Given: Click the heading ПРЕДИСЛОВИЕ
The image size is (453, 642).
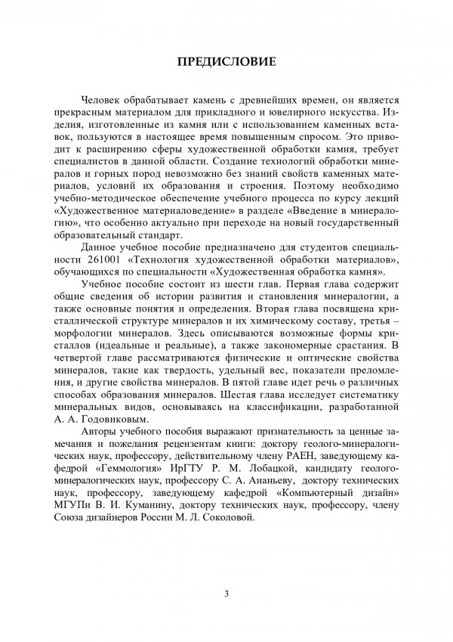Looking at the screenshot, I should [226, 58].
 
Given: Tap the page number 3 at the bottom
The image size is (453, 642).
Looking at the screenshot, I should [226, 591].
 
